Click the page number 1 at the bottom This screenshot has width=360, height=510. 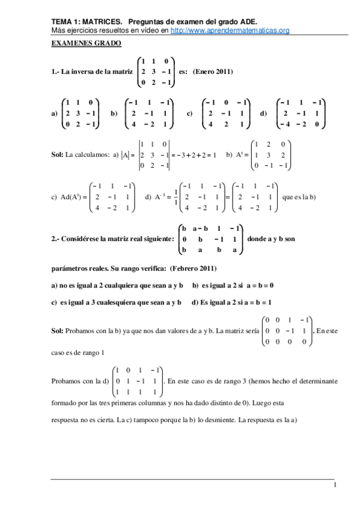coord(335,485)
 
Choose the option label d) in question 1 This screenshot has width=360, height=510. coord(263,113)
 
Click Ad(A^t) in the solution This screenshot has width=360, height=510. coord(69,197)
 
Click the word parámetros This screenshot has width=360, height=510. coord(68,267)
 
